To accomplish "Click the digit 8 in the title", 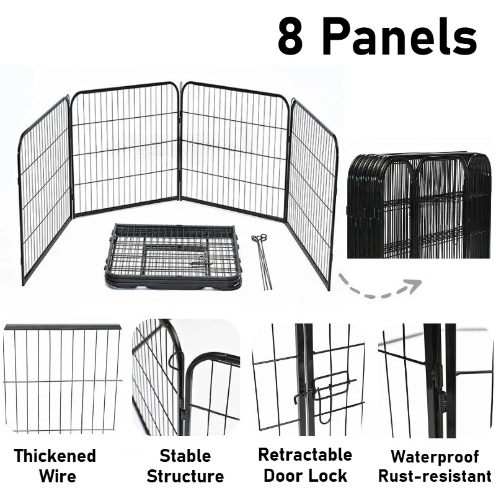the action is pyautogui.click(x=290, y=36).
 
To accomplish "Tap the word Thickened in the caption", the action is pyautogui.click(x=55, y=456).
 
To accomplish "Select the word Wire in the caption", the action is pyautogui.click(x=58, y=476).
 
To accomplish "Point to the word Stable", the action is pyautogui.click(x=185, y=456).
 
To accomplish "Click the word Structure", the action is pyautogui.click(x=185, y=476).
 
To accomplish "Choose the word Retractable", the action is pyautogui.click(x=305, y=454).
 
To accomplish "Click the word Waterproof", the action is pyautogui.click(x=435, y=457).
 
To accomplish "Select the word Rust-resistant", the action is pyautogui.click(x=435, y=476).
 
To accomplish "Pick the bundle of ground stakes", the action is pyautogui.click(x=262, y=261).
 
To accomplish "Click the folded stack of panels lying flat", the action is pyautogui.click(x=173, y=256).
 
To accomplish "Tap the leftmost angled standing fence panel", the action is pyautogui.click(x=45, y=190).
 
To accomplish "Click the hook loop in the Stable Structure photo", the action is pyautogui.click(x=175, y=360).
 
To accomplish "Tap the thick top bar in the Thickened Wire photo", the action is pyautogui.click(x=63, y=327).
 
